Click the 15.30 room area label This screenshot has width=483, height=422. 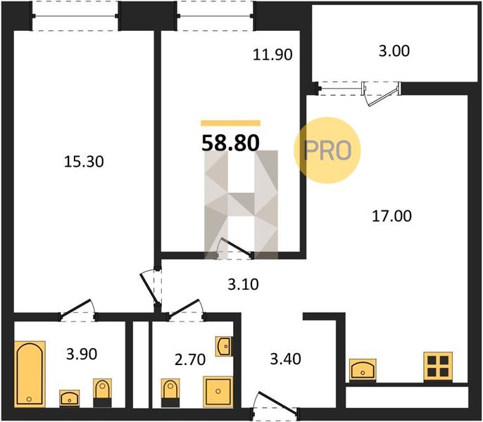84,162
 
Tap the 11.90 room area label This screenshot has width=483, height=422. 272,55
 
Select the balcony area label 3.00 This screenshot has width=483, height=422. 394,51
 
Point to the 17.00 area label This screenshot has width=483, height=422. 391,216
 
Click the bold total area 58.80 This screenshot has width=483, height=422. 230,143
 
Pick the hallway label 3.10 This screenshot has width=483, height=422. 243,284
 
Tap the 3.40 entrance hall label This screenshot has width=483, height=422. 286,359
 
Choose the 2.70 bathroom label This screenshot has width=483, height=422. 190,360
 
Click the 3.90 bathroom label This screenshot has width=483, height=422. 82,354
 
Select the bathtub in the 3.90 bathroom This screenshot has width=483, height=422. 30,373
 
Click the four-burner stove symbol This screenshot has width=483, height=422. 438,366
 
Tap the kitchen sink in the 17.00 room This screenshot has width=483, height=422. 363,370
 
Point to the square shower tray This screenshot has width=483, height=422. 218,392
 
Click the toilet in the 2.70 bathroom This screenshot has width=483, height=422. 170,393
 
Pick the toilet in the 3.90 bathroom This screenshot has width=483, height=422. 103,393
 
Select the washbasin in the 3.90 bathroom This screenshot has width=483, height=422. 69,398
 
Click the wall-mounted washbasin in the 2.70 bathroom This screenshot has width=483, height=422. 224,346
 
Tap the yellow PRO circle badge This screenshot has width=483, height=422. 327,151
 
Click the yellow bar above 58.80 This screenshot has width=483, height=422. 230,123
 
